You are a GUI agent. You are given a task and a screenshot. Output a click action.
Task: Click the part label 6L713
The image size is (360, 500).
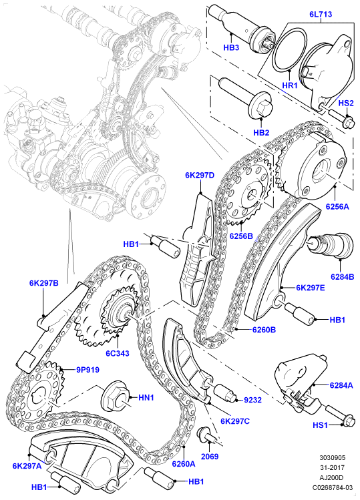tap(321, 14)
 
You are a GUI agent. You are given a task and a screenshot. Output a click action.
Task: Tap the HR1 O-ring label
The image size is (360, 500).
tap(289, 85)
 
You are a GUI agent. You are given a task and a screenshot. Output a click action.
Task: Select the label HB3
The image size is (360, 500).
tap(231, 48)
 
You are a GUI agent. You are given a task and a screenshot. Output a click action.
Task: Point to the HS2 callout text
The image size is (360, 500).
tap(346, 103)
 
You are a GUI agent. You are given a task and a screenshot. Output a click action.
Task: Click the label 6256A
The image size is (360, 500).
tap(337, 206)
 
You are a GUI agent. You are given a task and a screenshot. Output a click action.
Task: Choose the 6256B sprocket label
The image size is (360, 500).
tap(241, 236)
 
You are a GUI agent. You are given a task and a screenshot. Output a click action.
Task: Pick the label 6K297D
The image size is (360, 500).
tap(200, 175)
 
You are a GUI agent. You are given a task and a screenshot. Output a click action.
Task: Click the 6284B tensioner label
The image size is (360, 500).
tap(342, 276)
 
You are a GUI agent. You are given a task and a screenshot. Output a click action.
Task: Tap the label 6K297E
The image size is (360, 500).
tap(310, 288)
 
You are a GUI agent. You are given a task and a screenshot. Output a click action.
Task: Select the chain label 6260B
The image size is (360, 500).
tap(264, 330)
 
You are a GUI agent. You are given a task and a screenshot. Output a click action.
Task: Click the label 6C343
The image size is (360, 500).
tap(118, 353)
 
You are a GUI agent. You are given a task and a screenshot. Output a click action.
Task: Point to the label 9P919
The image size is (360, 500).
tap(87, 370)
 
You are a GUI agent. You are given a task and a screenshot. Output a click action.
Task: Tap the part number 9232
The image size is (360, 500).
tap(252, 400)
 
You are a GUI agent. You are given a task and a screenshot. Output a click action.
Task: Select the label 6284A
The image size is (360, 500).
tap(341, 385)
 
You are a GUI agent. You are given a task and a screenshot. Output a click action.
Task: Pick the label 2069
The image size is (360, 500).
tap(210, 457)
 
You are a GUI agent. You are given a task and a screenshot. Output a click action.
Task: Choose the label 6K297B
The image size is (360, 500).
tap(43, 283)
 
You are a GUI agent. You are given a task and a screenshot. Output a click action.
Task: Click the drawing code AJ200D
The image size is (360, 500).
tap(332, 478)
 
